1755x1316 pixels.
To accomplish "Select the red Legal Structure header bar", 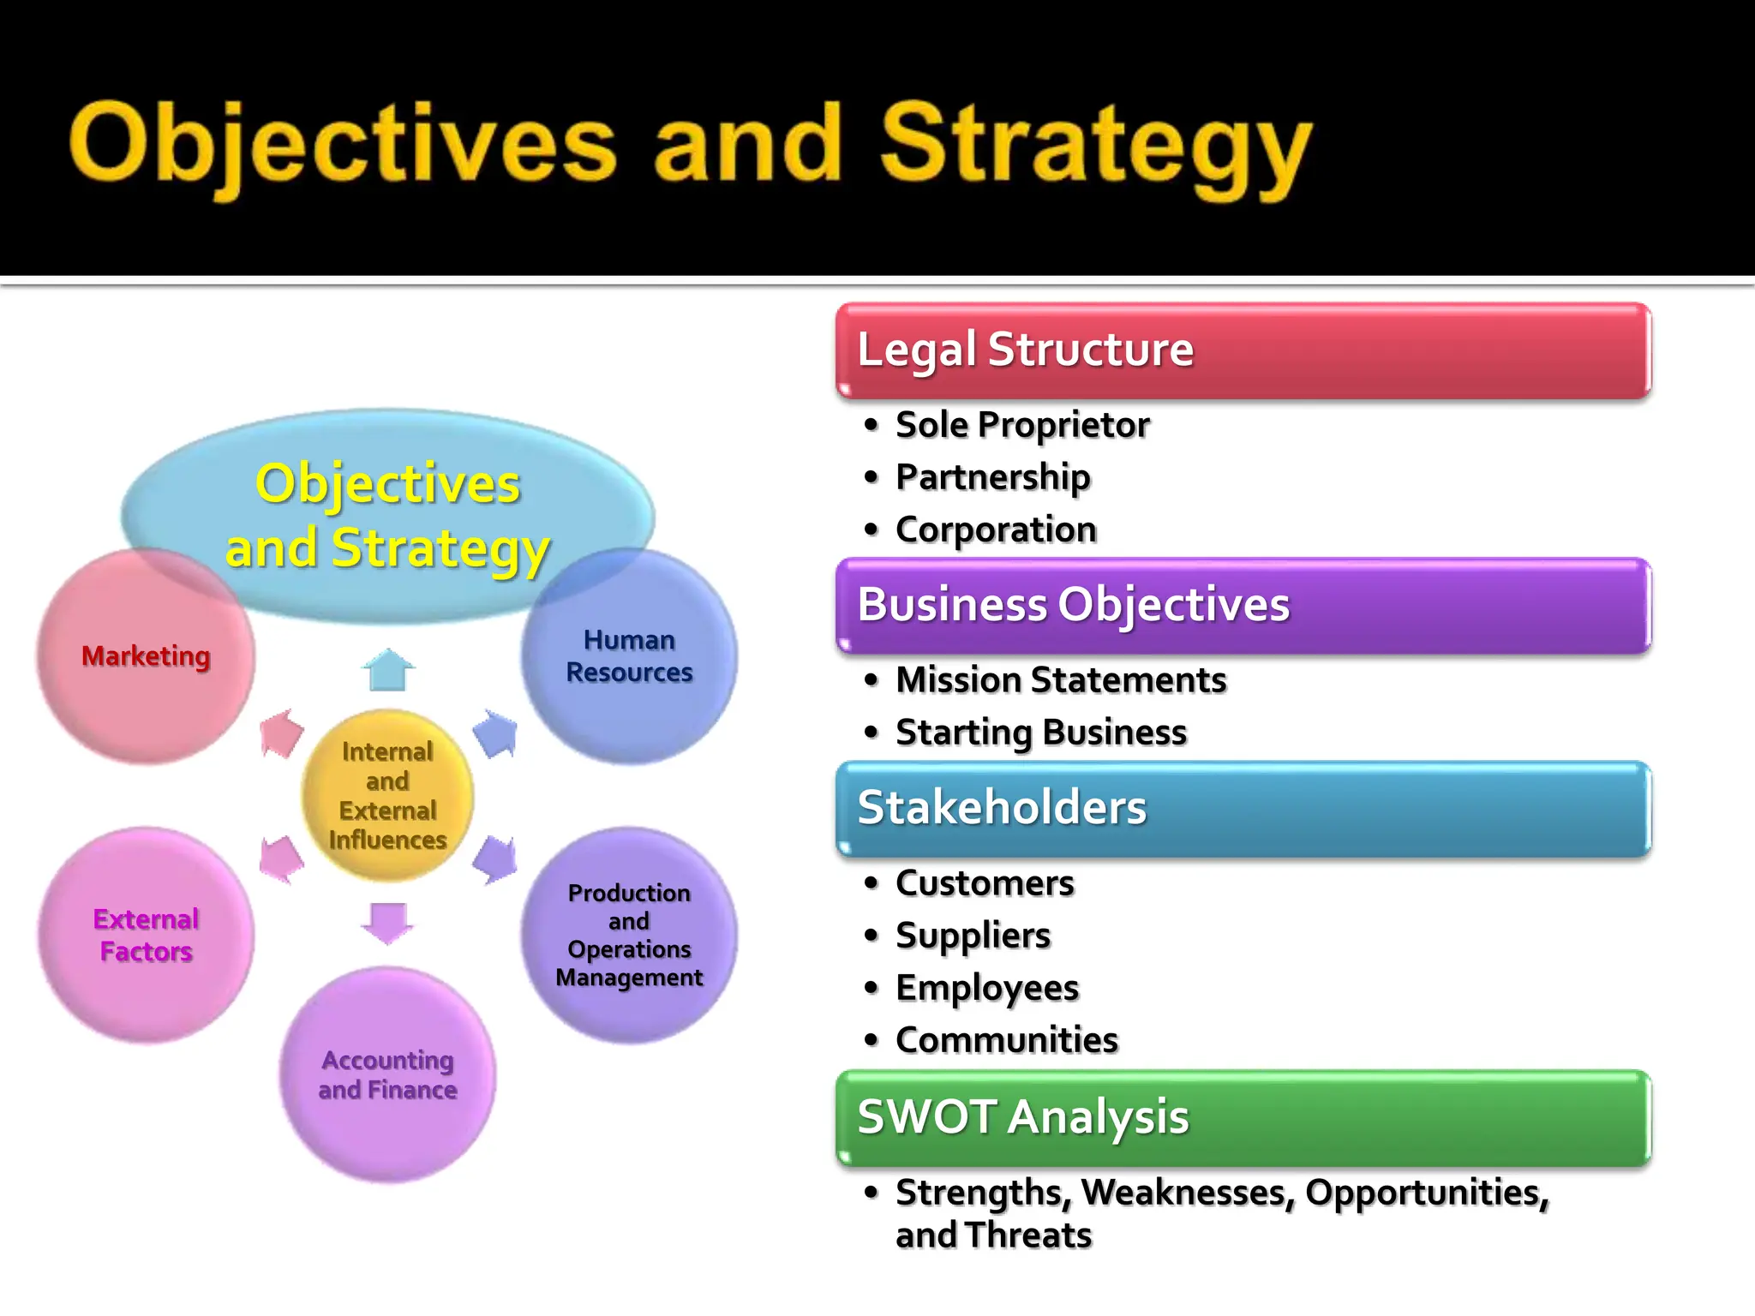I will click(1243, 350).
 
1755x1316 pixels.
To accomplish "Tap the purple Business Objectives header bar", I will click(1243, 605).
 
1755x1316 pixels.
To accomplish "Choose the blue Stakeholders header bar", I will click(1243, 808).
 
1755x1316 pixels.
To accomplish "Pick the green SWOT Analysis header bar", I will click(1243, 1117).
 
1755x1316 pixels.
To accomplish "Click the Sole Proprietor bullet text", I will click(1022, 425).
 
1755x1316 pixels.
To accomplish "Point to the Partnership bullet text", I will click(993, 477).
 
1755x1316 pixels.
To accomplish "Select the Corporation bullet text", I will click(996, 529).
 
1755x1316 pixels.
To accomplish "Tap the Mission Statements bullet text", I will click(1061, 680).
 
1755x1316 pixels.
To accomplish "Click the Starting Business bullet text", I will click(1041, 733).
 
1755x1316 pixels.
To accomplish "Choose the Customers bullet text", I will click(985, 883).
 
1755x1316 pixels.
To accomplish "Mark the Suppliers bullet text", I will click(973, 936).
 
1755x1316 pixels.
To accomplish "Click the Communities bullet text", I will click(1007, 1040).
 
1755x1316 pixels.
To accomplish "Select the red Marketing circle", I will click(146, 656).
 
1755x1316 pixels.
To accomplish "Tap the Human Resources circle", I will click(630, 656).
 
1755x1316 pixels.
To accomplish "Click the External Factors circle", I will click(146, 936).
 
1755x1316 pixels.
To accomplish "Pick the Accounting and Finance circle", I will click(387, 1075).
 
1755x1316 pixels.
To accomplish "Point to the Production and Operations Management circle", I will click(630, 936).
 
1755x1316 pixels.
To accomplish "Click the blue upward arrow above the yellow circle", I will click(388, 670).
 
